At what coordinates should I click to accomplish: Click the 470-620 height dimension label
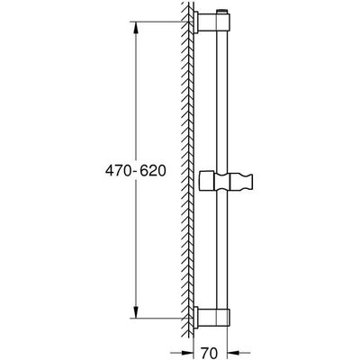pos(135,171)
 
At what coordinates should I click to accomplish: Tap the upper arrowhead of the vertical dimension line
pos(136,28)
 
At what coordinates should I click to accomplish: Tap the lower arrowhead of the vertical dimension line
pos(136,311)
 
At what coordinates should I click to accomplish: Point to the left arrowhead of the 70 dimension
pos(187,353)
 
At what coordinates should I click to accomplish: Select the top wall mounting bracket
pos(211,22)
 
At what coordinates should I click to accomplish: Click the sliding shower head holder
pos(227,182)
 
